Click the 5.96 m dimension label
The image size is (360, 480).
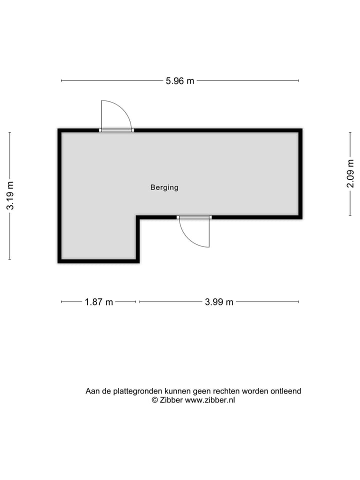pos(180,80)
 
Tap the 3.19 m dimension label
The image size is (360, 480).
pos(10,195)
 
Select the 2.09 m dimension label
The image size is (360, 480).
pos(350,173)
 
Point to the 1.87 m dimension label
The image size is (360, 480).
pos(98,302)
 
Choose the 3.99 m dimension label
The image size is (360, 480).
pos(219,302)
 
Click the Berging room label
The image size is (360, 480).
pos(164,188)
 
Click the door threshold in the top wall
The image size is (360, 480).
pos(116,130)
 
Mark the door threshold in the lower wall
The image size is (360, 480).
pos(194,217)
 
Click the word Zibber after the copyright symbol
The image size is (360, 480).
pos(171,400)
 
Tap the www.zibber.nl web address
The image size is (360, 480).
pos(210,400)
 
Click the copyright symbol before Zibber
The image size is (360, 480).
pos(155,400)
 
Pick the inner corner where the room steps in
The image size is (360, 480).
pos(138,217)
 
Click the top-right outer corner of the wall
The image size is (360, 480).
pos(301,129)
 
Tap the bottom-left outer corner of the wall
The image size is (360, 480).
pos(58,261)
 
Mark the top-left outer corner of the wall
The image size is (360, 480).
pos(58,129)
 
